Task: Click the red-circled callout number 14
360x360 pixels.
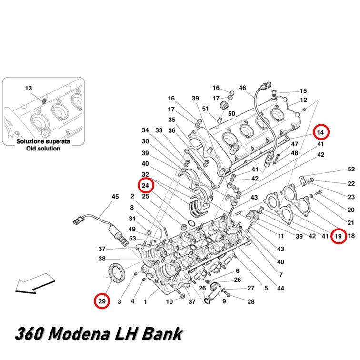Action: [320, 132]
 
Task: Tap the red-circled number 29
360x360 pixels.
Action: [102, 301]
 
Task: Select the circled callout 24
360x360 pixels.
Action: [145, 185]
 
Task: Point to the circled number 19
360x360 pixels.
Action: [339, 236]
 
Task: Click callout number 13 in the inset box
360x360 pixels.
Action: [29, 89]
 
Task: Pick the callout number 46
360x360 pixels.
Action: [242, 88]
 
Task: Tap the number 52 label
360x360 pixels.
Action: [351, 169]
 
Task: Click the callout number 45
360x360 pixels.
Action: [115, 197]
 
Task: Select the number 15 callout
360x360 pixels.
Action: [303, 91]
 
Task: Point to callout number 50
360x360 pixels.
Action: [231, 114]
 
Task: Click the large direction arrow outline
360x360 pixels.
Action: [35, 283]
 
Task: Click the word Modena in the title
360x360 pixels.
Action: [79, 334]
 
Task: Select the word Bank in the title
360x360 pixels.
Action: [162, 334]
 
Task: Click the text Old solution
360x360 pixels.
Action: [43, 149]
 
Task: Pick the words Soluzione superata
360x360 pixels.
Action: [43, 141]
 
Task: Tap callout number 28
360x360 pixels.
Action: [251, 301]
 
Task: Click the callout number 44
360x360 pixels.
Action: [280, 288]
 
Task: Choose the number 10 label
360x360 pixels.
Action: [170, 302]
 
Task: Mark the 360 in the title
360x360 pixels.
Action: [30, 334]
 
